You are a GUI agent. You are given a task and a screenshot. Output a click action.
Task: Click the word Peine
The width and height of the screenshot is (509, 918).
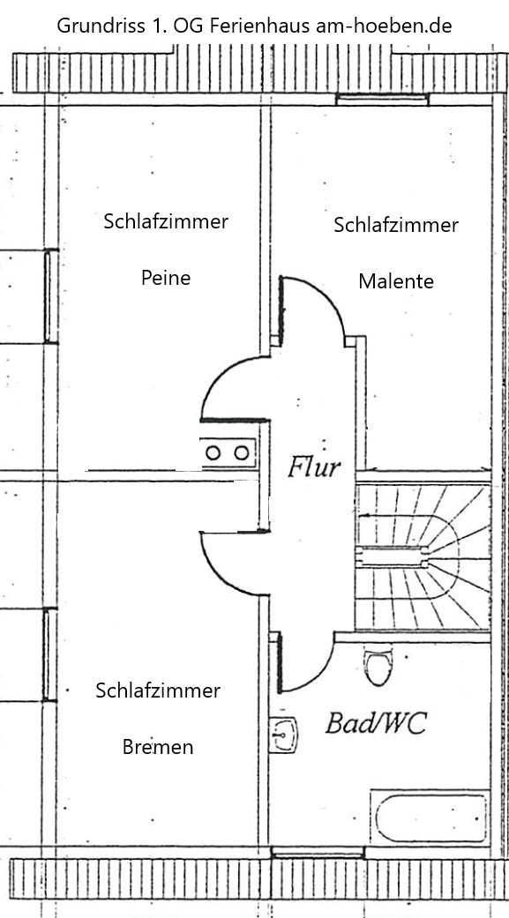tap(166, 278)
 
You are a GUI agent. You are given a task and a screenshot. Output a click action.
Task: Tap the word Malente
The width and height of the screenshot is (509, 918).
tap(396, 281)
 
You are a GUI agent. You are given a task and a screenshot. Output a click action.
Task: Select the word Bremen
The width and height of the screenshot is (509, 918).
tap(158, 747)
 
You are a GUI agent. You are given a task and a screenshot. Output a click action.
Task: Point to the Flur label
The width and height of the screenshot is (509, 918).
tap(313, 467)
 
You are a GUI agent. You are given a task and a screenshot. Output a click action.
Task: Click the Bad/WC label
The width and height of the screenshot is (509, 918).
tap(376, 723)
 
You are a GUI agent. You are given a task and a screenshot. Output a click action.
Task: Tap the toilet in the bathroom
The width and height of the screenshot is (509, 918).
tap(378, 665)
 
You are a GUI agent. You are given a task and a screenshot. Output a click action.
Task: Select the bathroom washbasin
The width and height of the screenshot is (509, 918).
tap(283, 735)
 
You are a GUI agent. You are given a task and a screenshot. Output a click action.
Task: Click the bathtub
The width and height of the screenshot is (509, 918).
tap(430, 817)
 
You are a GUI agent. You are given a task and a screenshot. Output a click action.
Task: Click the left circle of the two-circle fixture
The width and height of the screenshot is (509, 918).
tap(213, 452)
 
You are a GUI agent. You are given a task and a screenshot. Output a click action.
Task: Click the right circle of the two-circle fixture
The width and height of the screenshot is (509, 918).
tap(242, 452)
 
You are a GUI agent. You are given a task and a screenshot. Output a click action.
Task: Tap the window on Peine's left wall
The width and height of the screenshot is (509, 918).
tap(51, 296)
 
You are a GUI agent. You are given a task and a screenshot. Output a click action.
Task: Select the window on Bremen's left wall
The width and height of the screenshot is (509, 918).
tap(50, 654)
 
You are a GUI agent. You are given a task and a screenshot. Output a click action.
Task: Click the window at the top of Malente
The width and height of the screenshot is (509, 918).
tap(383, 100)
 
